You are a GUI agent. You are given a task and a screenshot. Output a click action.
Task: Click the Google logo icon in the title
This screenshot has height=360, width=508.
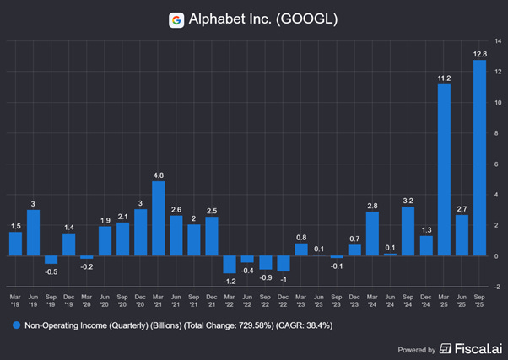pos(176,19)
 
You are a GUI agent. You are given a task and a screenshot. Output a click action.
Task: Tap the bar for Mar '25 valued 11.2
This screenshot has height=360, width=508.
pos(443,169)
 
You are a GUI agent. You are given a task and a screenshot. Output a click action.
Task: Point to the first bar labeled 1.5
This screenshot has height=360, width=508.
pos(15,244)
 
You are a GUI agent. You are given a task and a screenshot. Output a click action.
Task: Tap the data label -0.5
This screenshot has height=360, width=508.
pos(51,271)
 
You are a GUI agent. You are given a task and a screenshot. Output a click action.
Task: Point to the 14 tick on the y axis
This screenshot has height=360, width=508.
pos(498,40)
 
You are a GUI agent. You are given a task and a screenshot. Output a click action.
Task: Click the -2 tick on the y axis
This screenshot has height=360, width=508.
pos(498,287)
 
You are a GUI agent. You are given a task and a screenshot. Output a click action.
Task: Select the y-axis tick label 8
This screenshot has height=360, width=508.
pos(498,132)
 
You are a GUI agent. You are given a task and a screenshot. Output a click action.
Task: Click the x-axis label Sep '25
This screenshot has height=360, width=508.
pos(479,301)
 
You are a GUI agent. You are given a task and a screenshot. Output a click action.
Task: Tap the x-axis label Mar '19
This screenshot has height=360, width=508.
pos(15,301)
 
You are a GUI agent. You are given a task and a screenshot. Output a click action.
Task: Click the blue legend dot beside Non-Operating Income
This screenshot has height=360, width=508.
pos(15,324)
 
